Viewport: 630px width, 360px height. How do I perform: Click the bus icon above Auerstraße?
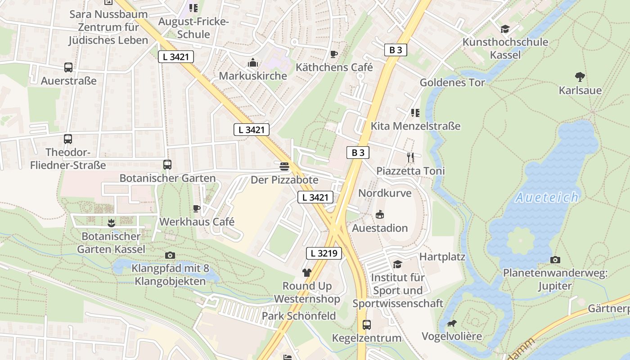(x=68, y=67)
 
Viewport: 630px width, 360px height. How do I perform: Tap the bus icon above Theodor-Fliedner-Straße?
(x=68, y=139)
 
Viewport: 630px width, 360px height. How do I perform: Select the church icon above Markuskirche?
(x=253, y=63)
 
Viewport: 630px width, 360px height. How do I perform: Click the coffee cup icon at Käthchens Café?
(x=333, y=54)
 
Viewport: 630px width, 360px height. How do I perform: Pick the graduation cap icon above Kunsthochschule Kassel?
(x=505, y=29)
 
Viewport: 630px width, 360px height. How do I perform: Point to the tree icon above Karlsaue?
(x=580, y=77)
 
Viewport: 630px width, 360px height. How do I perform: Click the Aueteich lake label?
(x=547, y=197)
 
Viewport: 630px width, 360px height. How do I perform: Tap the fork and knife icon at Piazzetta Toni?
(x=410, y=157)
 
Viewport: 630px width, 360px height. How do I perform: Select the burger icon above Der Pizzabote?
(x=284, y=166)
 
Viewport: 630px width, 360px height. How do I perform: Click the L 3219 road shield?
(x=324, y=253)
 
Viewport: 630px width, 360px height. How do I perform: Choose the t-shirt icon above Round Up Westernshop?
(x=307, y=272)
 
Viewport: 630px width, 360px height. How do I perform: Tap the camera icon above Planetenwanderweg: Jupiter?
(x=555, y=260)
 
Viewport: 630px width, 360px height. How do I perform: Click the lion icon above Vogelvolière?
(x=451, y=323)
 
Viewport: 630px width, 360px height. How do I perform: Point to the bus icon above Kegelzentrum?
(x=367, y=324)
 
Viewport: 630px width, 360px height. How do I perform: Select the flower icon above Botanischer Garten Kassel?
(x=111, y=222)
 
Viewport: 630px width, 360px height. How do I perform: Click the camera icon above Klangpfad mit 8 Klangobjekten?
(x=170, y=255)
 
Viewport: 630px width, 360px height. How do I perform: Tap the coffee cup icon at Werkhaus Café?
(x=196, y=208)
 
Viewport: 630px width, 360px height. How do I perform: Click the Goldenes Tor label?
(x=452, y=82)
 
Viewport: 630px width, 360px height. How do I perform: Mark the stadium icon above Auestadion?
(x=380, y=214)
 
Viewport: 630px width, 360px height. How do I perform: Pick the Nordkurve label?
(x=385, y=193)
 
